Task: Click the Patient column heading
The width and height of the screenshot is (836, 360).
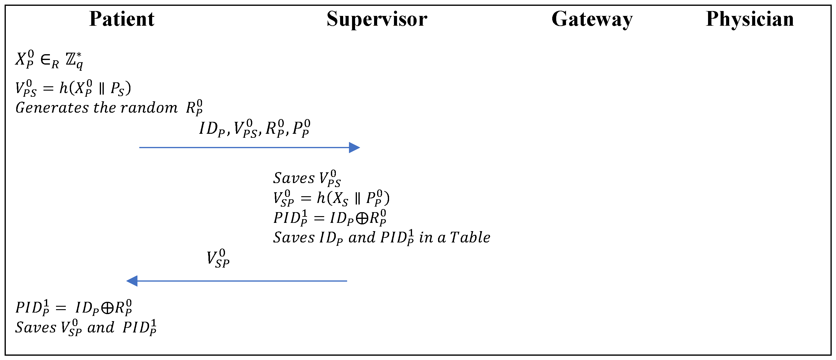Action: [x=122, y=19]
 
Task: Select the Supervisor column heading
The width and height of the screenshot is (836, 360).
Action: [x=377, y=19]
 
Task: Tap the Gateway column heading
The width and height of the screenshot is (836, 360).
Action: [x=592, y=19]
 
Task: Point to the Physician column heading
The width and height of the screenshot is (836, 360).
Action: [x=750, y=19]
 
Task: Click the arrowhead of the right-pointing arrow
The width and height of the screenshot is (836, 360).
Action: [x=354, y=148]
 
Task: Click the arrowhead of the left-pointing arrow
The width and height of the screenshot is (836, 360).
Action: [x=132, y=281]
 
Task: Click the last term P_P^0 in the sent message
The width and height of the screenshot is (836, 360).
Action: [x=301, y=128]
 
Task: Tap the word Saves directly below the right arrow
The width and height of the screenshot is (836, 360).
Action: [x=294, y=178]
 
